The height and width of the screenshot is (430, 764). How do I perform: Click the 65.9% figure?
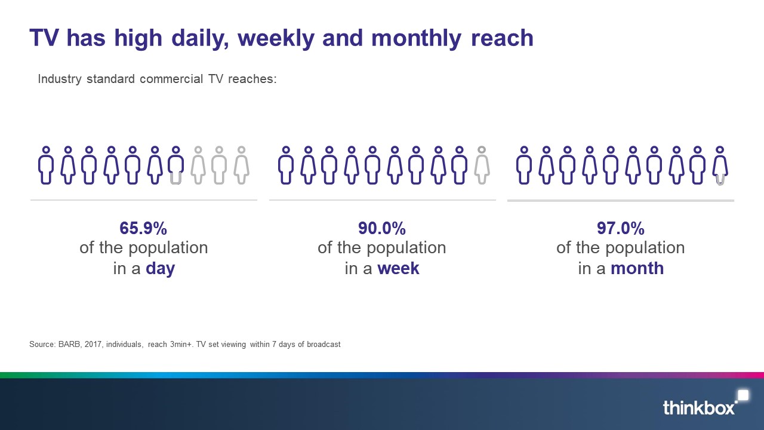[x=143, y=228]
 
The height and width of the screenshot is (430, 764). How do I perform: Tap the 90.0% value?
[x=382, y=228]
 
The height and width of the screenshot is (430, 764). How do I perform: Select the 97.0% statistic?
[x=621, y=228]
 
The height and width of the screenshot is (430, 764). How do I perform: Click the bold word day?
[x=161, y=269]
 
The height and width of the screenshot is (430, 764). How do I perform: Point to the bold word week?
[x=398, y=268]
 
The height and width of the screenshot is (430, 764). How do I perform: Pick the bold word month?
[x=637, y=268]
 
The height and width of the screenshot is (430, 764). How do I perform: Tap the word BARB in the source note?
[x=69, y=345]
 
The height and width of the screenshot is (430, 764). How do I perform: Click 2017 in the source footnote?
[x=93, y=345]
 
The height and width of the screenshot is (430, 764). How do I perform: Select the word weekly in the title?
[x=276, y=38]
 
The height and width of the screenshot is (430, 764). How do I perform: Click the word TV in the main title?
[x=44, y=38]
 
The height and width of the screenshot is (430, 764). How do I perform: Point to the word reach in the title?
[x=502, y=38]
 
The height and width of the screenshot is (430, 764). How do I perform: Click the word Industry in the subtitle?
[x=60, y=79]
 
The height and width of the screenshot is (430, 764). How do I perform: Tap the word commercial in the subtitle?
[x=171, y=79]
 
